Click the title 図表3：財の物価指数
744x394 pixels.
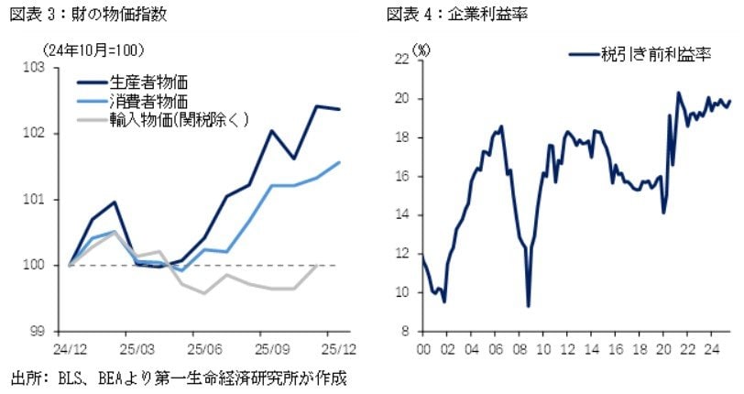(88, 14)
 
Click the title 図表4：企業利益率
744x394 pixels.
(459, 14)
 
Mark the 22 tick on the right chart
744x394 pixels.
(400, 60)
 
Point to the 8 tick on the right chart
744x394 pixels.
(404, 332)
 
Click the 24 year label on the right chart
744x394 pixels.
(709, 348)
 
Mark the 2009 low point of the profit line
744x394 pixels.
(529, 305)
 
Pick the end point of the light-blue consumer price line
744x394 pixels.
(340, 162)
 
